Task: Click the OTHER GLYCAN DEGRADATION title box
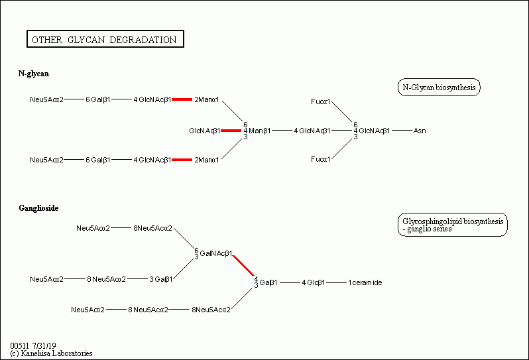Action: pyautogui.click(x=105, y=39)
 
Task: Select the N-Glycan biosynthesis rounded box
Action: pyautogui.click(x=439, y=88)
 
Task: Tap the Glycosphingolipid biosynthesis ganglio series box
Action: pyautogui.click(x=453, y=225)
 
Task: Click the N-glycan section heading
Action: pyautogui.click(x=34, y=74)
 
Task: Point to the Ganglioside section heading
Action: pyautogui.click(x=39, y=208)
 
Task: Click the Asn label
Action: pyautogui.click(x=420, y=131)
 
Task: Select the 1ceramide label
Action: pyautogui.click(x=365, y=282)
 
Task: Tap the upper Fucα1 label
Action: pyautogui.click(x=320, y=101)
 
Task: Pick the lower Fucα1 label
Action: pyautogui.click(x=320, y=159)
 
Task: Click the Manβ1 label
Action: pyautogui.click(x=259, y=131)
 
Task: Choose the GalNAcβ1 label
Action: pyautogui.click(x=216, y=253)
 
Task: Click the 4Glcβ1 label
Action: pyautogui.click(x=314, y=282)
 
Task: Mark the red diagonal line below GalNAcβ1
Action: pyautogui.click(x=243, y=266)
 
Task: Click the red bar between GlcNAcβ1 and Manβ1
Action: pyautogui.click(x=231, y=131)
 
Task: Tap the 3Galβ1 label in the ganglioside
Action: pyautogui.click(x=161, y=279)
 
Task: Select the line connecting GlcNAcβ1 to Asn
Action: pyautogui.click(x=402, y=130)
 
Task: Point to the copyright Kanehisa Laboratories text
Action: pyautogui.click(x=51, y=353)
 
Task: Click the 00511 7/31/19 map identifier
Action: pyautogui.click(x=33, y=345)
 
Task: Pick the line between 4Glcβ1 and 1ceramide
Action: pyautogui.click(x=337, y=282)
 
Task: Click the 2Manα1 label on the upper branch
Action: pyautogui.click(x=207, y=99)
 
